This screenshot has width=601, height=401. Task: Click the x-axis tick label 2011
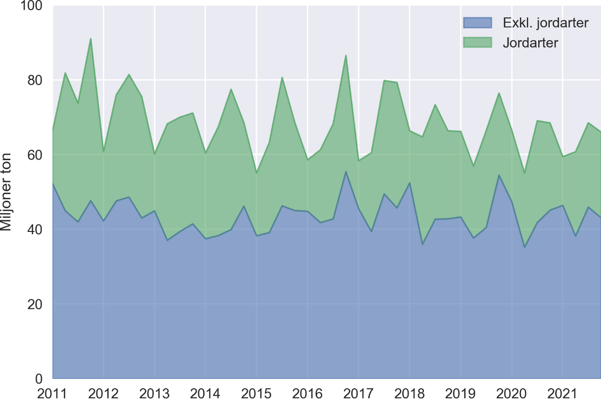[52, 393]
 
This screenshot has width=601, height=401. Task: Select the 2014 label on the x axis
[205, 393]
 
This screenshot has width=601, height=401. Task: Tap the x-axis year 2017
[359, 393]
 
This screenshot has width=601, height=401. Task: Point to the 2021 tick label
[563, 393]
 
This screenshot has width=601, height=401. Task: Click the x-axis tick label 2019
[461, 393]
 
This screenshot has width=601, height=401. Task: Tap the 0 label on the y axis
[40, 379]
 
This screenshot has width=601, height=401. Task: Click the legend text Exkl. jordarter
[546, 23]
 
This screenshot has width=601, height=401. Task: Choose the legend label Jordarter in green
[531, 43]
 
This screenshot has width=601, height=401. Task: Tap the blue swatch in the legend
[478, 23]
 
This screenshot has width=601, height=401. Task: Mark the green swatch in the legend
[478, 43]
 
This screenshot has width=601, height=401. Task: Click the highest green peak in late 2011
[91, 39]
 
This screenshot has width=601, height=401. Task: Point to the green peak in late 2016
[346, 56]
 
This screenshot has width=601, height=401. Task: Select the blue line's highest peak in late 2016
[346, 172]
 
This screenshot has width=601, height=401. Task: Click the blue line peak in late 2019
[499, 175]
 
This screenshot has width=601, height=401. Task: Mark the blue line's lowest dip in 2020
[525, 247]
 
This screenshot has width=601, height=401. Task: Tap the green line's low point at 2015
[256, 173]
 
